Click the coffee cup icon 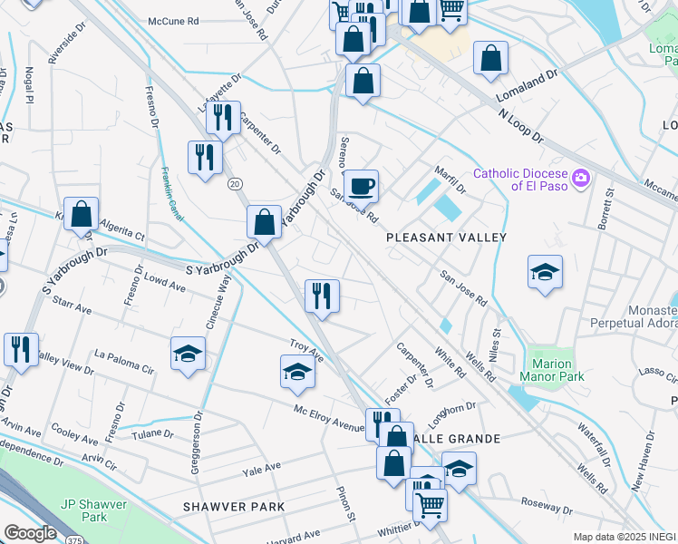(x=363, y=186)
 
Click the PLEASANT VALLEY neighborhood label (x=445, y=237)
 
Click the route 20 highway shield (x=235, y=183)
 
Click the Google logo (x=30, y=533)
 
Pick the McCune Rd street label (x=174, y=20)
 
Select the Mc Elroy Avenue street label (x=327, y=419)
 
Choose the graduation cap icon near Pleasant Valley (x=545, y=271)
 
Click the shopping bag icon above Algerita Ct (x=82, y=215)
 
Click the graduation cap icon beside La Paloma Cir (x=188, y=354)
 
